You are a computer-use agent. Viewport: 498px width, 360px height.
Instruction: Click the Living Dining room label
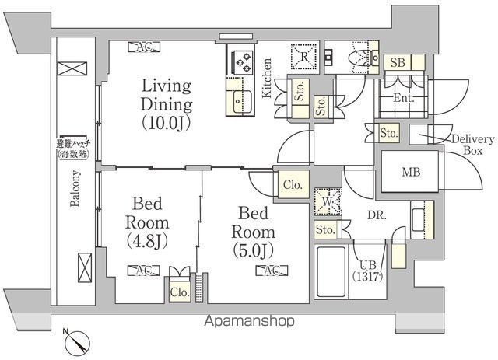pos(167,104)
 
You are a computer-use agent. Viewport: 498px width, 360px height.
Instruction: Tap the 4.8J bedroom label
pos(147,222)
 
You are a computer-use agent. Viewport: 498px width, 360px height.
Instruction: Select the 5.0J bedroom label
pos(253,232)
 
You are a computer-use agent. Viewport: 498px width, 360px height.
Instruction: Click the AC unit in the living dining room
pos(144,47)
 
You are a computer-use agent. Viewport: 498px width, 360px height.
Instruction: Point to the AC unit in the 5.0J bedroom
pos(272,271)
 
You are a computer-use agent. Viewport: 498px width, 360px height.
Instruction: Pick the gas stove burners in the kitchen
pos(244,62)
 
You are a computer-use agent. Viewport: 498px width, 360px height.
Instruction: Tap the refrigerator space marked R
pos(304,56)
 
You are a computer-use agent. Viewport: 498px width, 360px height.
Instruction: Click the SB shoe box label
pos(398,62)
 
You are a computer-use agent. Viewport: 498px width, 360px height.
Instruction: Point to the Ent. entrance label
pos(404,98)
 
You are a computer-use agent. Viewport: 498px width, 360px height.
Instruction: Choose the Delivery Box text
pos(473,145)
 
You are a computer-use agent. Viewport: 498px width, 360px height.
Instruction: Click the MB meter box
pos(411,172)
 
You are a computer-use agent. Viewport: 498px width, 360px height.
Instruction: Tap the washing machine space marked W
pos(328,201)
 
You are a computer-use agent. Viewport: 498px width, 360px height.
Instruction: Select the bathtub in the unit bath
pos(331,271)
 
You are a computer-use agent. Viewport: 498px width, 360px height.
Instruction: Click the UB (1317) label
pos(367,271)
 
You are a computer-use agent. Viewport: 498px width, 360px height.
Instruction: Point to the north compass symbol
pos(77,343)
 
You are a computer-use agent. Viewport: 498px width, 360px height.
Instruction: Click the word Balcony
pos(75,189)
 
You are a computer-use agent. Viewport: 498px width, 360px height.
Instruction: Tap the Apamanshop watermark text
pos(249,321)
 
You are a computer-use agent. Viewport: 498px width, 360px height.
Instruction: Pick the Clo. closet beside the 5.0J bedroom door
pos(293,184)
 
